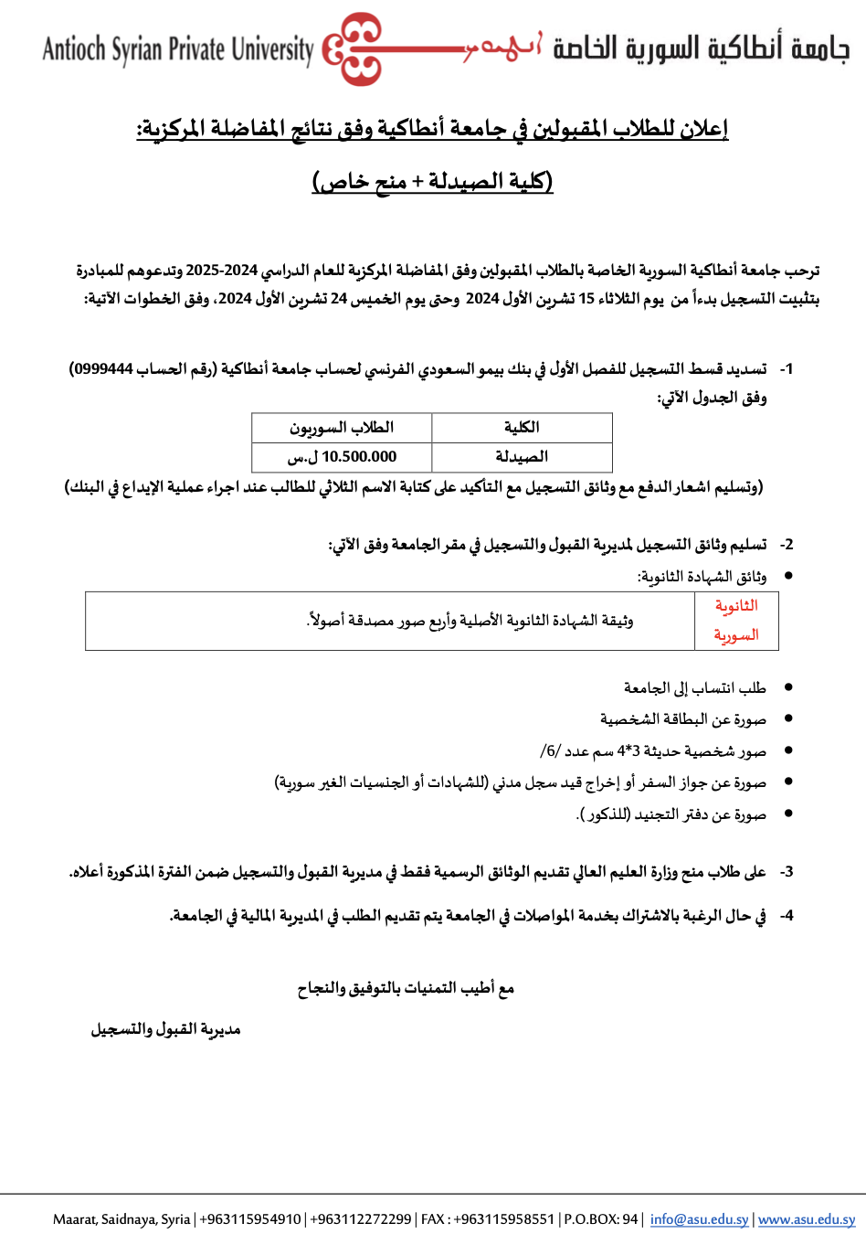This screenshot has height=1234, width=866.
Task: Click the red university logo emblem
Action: (x=353, y=48)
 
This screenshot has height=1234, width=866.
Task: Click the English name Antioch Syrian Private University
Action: (x=178, y=49)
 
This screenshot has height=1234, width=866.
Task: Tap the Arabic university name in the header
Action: (x=701, y=48)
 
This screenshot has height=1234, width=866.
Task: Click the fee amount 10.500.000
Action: (x=359, y=457)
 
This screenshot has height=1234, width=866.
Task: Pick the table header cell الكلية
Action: (x=522, y=428)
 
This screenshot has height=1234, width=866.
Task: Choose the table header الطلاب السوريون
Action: (x=342, y=428)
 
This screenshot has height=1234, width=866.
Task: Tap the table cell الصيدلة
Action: (x=522, y=457)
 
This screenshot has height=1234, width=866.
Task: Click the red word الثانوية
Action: (x=736, y=606)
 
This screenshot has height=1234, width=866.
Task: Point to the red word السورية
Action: (x=736, y=635)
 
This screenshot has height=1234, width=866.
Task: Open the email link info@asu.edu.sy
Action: (x=699, y=1219)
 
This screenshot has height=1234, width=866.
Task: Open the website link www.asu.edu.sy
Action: (x=807, y=1219)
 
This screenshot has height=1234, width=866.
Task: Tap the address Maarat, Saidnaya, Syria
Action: (x=121, y=1219)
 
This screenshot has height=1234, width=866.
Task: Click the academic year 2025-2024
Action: (x=222, y=271)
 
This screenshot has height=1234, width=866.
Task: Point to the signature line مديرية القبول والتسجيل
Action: (x=165, y=1029)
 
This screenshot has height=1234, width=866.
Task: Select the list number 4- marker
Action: (x=786, y=916)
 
